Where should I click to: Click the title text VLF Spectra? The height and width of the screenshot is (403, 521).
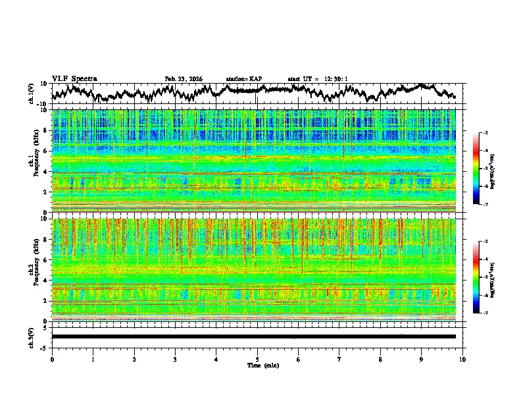[x=74, y=79]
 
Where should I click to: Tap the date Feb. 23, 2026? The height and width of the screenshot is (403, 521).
[x=184, y=79]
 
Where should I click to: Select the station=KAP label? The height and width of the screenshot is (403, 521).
[x=243, y=79]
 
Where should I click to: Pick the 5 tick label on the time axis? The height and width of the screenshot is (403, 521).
[x=257, y=359]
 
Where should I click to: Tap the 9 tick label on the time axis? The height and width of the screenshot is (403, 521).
[x=422, y=359]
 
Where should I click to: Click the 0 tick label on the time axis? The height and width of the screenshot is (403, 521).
[x=52, y=359]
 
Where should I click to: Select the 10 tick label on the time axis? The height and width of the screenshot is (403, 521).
[x=462, y=359]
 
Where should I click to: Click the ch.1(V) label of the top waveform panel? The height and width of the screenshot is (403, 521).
[x=32, y=94]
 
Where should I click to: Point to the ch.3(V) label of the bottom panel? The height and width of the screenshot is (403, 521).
[x=32, y=336]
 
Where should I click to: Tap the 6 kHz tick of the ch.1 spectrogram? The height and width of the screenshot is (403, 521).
[x=45, y=151]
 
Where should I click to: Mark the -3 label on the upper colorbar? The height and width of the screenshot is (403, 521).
[x=485, y=133]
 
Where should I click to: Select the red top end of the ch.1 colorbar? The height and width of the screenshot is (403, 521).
[x=476, y=136]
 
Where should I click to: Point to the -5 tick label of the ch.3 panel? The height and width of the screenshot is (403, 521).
[x=43, y=347]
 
